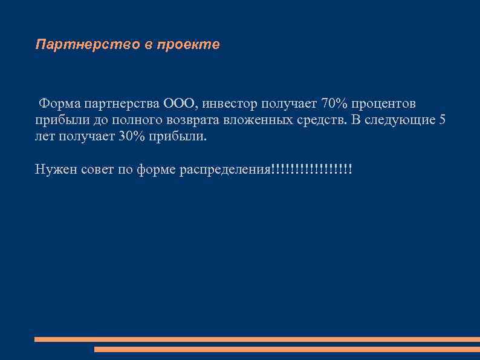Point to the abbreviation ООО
tap(180, 103)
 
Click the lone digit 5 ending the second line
tap(442, 120)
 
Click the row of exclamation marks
tap(311, 169)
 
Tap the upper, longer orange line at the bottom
tap(257, 339)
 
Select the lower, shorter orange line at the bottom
tap(287, 349)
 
